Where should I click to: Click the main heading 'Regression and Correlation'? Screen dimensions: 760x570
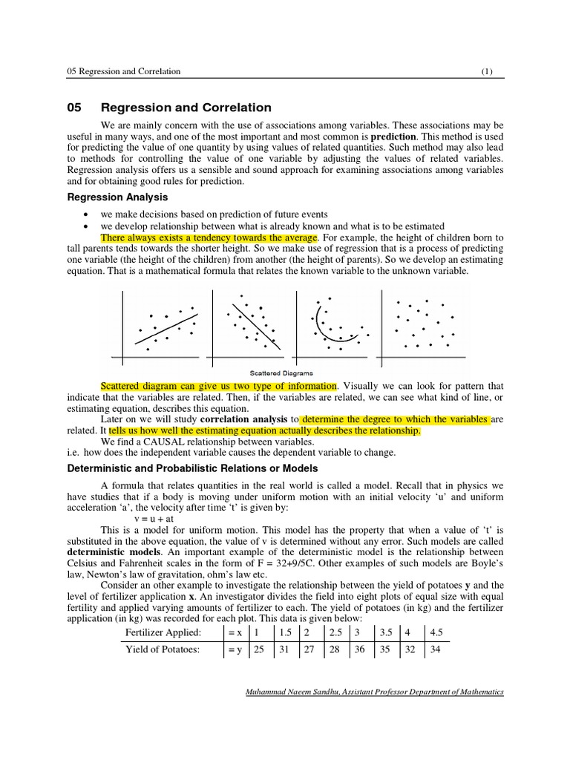[186, 108]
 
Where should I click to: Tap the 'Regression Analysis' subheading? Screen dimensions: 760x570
[117, 197]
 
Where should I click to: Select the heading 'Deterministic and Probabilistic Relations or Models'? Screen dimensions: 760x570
[192, 468]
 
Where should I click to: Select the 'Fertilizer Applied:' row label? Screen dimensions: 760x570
[163, 632]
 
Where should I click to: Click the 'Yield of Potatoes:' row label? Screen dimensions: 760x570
[163, 650]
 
